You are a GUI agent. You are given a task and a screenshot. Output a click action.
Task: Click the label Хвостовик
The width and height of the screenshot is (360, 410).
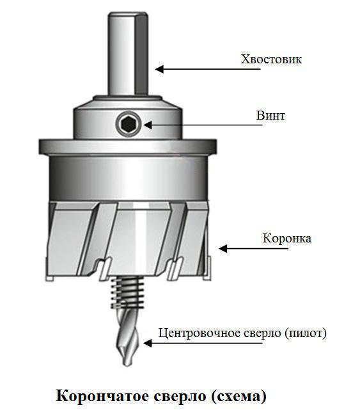(271, 59)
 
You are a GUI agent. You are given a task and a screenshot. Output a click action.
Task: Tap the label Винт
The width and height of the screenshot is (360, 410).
(270, 115)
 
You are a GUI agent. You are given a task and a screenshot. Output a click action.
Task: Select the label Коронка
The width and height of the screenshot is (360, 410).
(287, 238)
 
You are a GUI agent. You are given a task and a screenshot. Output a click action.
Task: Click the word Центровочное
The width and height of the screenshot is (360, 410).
(200, 333)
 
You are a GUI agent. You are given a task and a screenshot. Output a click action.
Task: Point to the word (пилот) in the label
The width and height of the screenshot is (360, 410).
(305, 333)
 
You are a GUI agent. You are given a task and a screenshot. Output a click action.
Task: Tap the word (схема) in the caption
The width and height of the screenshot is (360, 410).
(239, 397)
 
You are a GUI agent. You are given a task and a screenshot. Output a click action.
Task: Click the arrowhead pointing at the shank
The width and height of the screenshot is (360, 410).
(159, 69)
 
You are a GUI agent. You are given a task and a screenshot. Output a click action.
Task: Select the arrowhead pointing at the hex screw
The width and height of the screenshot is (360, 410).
(148, 125)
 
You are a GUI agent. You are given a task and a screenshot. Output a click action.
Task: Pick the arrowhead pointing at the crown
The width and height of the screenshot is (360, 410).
(223, 248)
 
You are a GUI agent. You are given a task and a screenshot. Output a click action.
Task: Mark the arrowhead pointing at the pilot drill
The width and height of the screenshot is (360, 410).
(148, 343)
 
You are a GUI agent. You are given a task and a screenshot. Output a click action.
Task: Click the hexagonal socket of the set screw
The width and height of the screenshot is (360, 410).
(129, 124)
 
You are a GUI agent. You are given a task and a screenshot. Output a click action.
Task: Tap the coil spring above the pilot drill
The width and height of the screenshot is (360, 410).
(128, 292)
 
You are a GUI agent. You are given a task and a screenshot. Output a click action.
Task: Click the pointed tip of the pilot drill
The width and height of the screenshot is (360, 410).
(127, 365)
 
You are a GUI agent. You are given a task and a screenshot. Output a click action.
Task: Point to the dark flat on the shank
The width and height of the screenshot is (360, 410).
(141, 54)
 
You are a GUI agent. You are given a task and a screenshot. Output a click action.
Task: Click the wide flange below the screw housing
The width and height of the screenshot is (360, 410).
(128, 146)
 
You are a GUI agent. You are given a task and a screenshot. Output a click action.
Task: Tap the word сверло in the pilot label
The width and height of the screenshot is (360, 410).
(262, 333)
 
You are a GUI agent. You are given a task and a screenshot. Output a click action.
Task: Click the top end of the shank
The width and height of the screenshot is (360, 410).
(128, 13)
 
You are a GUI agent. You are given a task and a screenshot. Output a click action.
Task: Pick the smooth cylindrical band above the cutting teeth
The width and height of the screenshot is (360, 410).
(128, 178)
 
